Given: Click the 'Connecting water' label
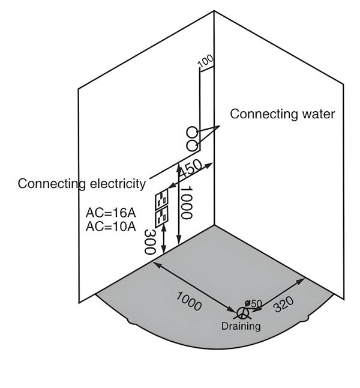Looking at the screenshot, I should [283, 114].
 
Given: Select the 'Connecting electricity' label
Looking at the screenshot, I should [82, 183].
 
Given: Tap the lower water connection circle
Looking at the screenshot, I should [192, 145].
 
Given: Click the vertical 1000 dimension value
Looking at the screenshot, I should [186, 203].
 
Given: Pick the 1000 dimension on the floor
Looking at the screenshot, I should [189, 300].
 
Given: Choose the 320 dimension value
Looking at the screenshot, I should [284, 305].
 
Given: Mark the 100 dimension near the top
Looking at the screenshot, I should [205, 61].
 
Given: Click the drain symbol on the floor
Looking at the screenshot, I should [243, 313].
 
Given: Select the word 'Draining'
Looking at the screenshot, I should [241, 326].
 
